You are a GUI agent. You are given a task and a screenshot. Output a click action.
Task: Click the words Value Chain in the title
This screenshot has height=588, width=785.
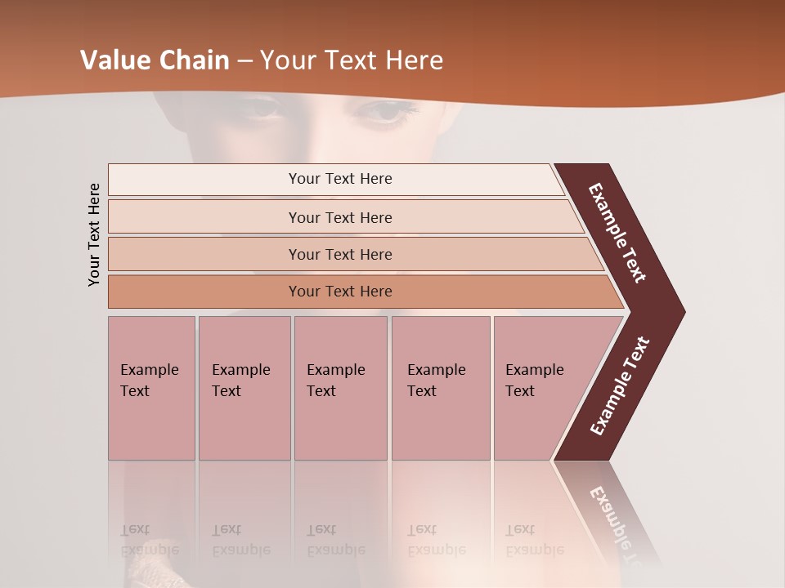point(155,60)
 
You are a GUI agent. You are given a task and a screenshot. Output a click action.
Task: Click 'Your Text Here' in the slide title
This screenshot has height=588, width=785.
point(351,60)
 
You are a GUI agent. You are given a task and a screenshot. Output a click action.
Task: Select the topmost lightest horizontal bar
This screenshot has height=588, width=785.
point(339,179)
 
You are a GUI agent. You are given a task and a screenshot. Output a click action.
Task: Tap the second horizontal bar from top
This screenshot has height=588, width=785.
point(339,217)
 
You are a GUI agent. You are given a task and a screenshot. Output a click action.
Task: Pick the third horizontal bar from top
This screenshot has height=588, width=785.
point(339,254)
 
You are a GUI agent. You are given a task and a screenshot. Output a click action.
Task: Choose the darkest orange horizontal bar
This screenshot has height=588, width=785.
point(339,292)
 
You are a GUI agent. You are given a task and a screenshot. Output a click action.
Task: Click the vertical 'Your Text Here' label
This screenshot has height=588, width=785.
point(94,234)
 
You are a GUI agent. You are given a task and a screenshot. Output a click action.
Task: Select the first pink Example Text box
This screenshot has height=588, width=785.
point(151,388)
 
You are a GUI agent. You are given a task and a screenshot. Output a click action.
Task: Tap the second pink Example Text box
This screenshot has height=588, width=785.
point(244,388)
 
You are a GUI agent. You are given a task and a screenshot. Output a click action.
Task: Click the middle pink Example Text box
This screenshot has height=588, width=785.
point(340,388)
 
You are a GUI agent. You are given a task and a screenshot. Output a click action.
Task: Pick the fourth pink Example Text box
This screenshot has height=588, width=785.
point(440,388)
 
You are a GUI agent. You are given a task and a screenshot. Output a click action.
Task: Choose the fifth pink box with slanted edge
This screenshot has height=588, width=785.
point(540,388)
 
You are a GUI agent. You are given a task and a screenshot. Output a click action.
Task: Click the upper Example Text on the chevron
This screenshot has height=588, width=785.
point(617,233)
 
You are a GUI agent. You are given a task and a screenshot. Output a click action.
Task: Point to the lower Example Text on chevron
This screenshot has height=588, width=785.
point(620,386)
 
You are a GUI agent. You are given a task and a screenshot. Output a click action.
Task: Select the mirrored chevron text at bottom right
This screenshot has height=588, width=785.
point(617,519)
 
